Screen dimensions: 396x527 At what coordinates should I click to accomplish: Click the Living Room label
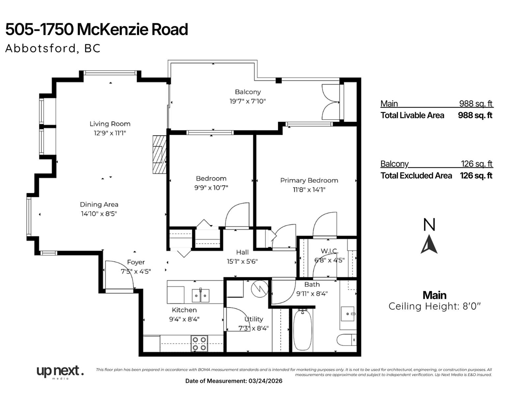pyautogui.click(x=110, y=124)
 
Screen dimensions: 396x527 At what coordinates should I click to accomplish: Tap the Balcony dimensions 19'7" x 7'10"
pyautogui.click(x=248, y=101)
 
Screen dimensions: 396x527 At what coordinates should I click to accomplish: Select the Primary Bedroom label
pyautogui.click(x=309, y=180)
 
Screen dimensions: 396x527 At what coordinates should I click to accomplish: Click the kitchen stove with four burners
pyautogui.click(x=200, y=344)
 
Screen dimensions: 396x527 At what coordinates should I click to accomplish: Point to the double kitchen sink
pyautogui.click(x=201, y=295)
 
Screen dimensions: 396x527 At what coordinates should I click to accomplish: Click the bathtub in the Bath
pyautogui.click(x=302, y=330)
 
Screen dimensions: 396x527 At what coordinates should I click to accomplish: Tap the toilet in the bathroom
pyautogui.click(x=347, y=340)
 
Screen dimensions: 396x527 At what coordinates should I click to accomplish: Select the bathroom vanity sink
pyautogui.click(x=348, y=314)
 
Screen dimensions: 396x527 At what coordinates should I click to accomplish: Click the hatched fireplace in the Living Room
pyautogui.click(x=159, y=154)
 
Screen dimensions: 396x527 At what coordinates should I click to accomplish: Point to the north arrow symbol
pyautogui.click(x=429, y=245)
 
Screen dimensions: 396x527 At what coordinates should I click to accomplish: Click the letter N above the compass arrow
pyautogui.click(x=429, y=225)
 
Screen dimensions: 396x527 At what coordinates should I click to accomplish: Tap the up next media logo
pyautogui.click(x=60, y=372)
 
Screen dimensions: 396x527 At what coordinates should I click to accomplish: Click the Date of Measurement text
pyautogui.click(x=234, y=381)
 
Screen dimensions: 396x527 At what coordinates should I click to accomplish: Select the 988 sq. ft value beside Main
pyautogui.click(x=476, y=104)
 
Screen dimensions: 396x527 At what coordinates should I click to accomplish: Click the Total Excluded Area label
pyautogui.click(x=416, y=176)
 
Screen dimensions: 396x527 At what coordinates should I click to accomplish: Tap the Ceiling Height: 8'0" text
pyautogui.click(x=434, y=306)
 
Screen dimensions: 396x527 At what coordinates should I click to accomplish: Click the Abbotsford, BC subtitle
pyautogui.click(x=53, y=49)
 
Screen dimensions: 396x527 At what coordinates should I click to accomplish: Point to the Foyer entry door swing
pyautogui.click(x=120, y=274)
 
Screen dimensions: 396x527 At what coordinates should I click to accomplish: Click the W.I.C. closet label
pyautogui.click(x=329, y=251)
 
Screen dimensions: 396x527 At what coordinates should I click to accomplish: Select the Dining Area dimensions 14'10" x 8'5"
pyautogui.click(x=99, y=214)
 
